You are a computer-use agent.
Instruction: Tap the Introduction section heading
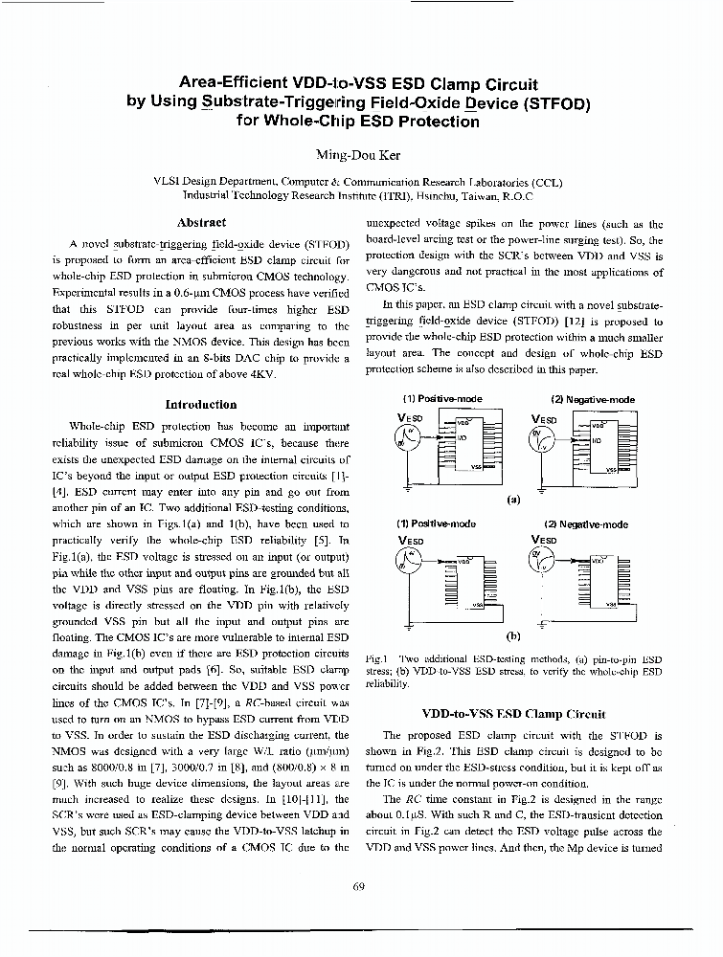pos(201,405)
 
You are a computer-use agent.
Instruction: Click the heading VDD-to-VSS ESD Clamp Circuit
pos(513,713)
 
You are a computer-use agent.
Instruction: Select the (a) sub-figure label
pos(513,499)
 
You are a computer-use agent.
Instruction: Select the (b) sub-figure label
pos(513,634)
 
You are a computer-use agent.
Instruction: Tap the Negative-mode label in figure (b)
pos(585,524)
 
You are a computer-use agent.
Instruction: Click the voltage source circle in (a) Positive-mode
pos(409,437)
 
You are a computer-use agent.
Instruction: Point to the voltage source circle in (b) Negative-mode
pos(543,562)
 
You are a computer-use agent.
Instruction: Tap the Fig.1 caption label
pos(375,659)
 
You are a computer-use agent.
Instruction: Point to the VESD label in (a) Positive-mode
pos(410,418)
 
